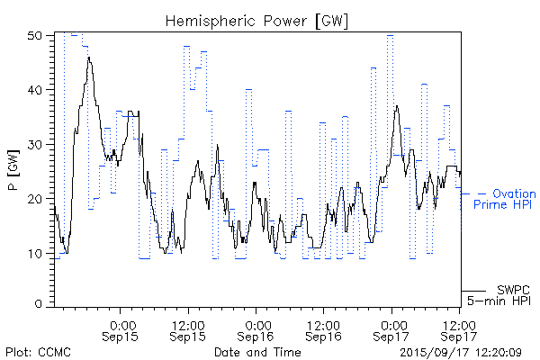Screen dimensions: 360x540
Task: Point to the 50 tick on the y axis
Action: tap(35, 36)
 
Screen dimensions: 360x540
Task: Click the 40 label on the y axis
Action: tap(35, 90)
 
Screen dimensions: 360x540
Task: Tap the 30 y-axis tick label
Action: tap(35, 144)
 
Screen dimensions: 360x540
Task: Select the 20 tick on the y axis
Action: tap(35, 198)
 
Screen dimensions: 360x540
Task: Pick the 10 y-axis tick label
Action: tap(35, 252)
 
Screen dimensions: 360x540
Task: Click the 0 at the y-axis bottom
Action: tap(39, 305)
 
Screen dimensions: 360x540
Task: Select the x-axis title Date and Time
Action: tap(257, 352)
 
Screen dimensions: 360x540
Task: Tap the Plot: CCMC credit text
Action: tap(38, 352)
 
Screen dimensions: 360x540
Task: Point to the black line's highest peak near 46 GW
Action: tap(89, 57)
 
